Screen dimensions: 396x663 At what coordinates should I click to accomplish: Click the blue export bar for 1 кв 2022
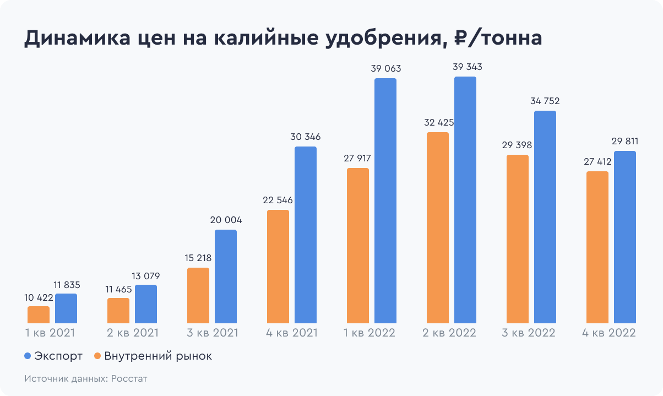(x=385, y=200)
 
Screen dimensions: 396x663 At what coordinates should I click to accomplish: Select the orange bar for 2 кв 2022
(x=438, y=227)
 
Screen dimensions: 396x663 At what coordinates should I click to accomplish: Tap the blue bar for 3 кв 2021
(x=226, y=276)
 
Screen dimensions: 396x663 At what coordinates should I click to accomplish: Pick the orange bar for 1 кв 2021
(x=39, y=314)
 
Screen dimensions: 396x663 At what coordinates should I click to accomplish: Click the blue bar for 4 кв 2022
(x=625, y=237)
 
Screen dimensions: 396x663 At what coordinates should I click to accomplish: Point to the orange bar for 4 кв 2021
(x=278, y=266)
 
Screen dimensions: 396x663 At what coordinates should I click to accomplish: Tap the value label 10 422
(x=39, y=297)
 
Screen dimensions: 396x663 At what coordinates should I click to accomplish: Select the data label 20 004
(x=226, y=220)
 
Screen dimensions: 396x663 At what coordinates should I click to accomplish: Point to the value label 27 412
(x=597, y=162)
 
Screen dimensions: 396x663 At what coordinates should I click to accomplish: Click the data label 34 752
(x=545, y=101)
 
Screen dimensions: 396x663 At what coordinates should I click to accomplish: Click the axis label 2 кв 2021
(x=132, y=333)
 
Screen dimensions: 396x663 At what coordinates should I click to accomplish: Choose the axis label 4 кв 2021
(x=292, y=333)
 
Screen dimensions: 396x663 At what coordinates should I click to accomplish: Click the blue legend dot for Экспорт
(x=28, y=356)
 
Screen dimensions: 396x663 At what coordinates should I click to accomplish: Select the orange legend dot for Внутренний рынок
(x=98, y=356)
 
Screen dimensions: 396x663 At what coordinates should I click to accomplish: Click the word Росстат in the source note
(x=129, y=379)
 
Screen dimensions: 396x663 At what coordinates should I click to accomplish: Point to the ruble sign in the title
(x=462, y=39)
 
